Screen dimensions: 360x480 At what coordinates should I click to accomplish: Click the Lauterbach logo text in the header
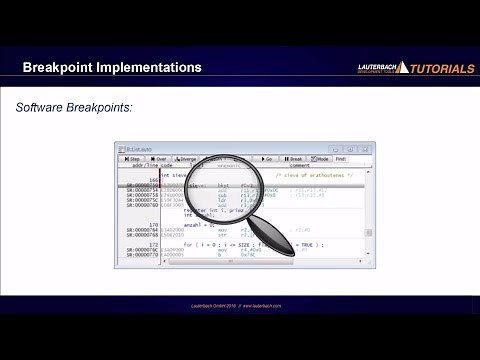pos(381,67)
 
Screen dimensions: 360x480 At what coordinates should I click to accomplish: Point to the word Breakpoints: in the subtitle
pos(108,107)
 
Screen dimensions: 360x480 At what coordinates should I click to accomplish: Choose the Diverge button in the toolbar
pos(187,158)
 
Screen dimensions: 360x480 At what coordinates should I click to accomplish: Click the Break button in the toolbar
pos(293,158)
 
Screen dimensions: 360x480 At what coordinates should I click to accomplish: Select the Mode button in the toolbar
pos(320,158)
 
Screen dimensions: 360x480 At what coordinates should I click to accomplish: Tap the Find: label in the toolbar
pos(341,158)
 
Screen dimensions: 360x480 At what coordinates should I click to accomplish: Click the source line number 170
pos(153,225)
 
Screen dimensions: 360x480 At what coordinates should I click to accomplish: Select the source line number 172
pos(153,245)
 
